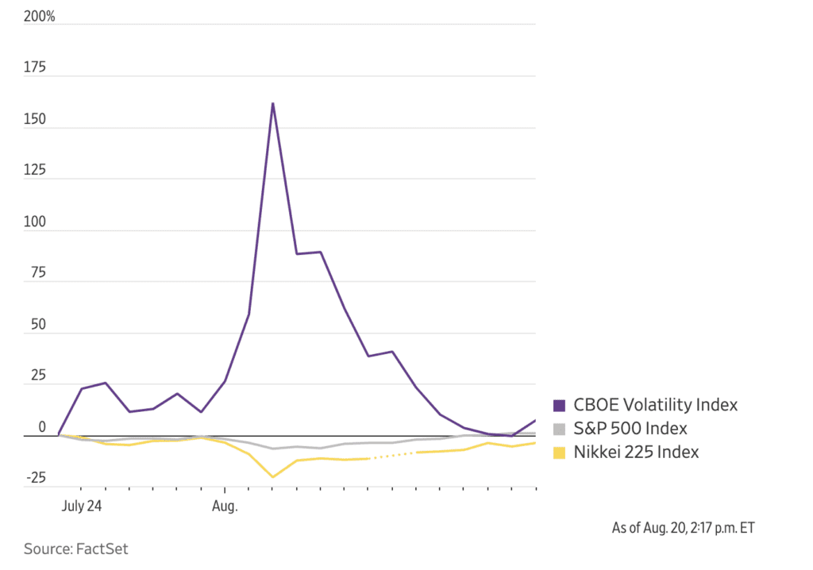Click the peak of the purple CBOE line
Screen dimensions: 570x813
pyautogui.click(x=272, y=103)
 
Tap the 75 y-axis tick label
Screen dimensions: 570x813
pyautogui.click(x=38, y=274)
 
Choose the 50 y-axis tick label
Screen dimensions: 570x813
pyautogui.click(x=38, y=325)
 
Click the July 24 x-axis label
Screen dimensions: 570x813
pyautogui.click(x=82, y=505)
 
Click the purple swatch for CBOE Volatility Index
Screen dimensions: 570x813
pyautogui.click(x=558, y=405)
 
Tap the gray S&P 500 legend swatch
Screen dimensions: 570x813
pyautogui.click(x=558, y=429)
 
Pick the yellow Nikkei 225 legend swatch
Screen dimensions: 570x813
pyautogui.click(x=558, y=453)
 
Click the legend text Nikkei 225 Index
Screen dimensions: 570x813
pyautogui.click(x=637, y=453)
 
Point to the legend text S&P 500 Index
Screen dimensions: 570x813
pyautogui.click(x=630, y=429)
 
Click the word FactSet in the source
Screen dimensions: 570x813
pyautogui.click(x=102, y=549)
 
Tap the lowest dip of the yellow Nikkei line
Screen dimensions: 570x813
pyautogui.click(x=272, y=477)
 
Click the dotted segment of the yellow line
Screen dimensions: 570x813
pyautogui.click(x=392, y=455)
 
